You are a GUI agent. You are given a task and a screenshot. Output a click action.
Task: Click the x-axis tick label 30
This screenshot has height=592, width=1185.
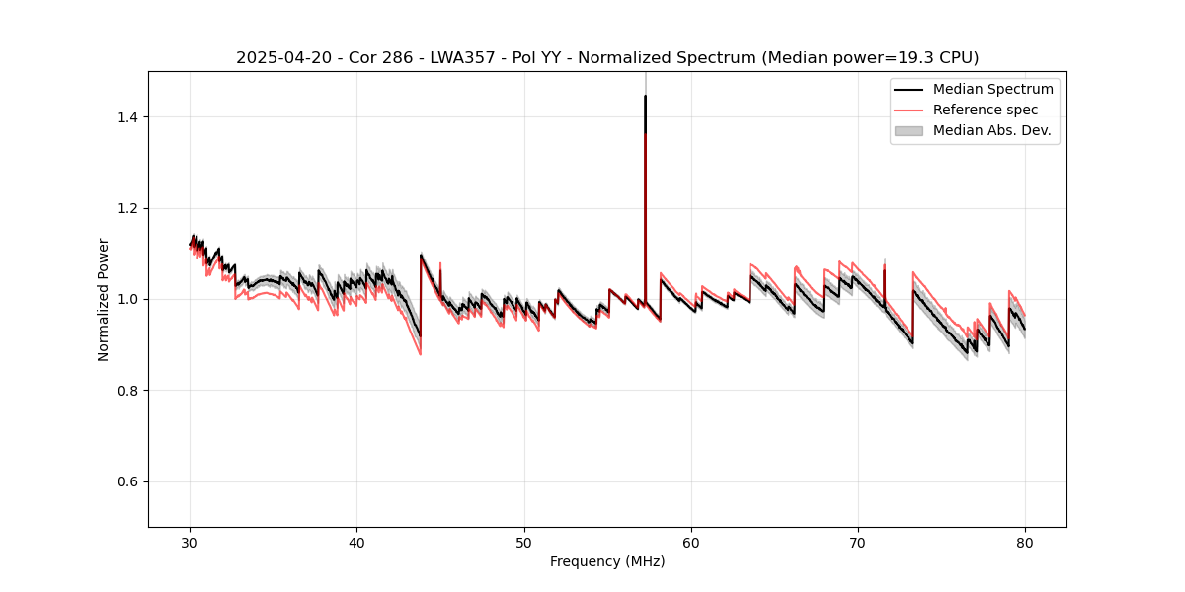coord(191,542)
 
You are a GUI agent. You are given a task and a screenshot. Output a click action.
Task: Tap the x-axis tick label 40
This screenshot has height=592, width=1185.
coord(357,542)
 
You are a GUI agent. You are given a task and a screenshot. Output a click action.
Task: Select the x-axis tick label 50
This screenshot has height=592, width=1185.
coord(524,542)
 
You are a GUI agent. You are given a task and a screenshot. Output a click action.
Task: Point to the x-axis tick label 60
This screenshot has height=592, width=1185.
coord(691,542)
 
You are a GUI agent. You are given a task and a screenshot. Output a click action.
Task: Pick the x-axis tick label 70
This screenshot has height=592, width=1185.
coord(858,542)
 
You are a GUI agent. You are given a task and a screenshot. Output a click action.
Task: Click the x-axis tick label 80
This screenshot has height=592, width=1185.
coord(1025,542)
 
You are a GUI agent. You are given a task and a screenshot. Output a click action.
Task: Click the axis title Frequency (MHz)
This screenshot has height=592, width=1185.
coord(607,561)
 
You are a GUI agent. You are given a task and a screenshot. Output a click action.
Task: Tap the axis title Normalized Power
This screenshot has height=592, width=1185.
coord(104,299)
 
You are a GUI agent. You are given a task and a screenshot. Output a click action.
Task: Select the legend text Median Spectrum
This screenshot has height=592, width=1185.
coord(992,89)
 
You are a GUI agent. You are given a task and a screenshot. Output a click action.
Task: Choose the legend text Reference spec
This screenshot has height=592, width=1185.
coord(986,110)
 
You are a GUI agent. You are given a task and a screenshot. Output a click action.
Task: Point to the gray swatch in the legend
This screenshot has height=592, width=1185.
coord(908,130)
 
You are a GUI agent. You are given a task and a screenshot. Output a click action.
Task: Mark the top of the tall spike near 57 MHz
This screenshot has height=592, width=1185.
coord(645,96)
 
